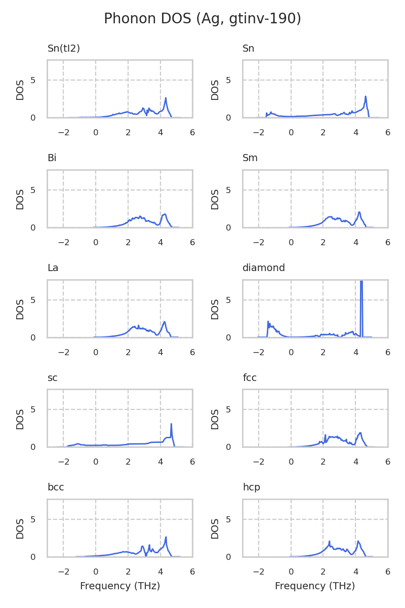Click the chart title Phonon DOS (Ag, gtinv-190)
(x=202, y=19)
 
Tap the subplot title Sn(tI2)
(x=64, y=49)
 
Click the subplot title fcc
(x=250, y=377)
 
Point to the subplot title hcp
(x=251, y=487)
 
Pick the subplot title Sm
(x=250, y=158)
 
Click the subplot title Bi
(x=52, y=158)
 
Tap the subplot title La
(x=53, y=268)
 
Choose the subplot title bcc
(x=56, y=487)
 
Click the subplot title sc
(x=53, y=377)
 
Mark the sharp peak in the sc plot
(x=171, y=425)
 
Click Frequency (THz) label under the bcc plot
(x=120, y=586)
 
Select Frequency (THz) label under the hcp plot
(x=315, y=586)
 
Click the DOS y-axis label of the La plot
(x=20, y=309)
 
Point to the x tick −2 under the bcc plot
(x=63, y=572)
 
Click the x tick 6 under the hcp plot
(x=388, y=572)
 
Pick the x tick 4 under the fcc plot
(x=355, y=462)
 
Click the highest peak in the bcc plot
(x=166, y=537)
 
